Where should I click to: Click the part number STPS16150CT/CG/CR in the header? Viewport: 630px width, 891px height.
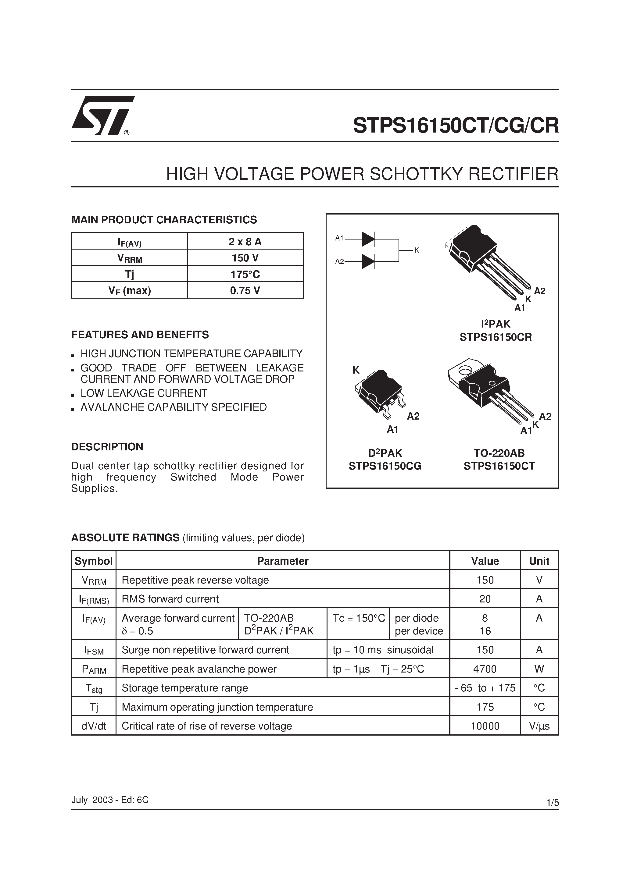[x=456, y=125]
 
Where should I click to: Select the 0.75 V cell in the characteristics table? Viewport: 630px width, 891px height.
[x=245, y=290]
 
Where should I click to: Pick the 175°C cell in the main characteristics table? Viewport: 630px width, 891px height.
[x=245, y=274]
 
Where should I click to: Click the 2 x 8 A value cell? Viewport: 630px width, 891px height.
[x=245, y=242]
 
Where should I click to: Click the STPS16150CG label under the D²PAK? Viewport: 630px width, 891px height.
[x=385, y=466]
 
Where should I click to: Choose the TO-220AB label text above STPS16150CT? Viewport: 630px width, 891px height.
[x=499, y=453]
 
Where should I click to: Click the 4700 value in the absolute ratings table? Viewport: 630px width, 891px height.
[x=485, y=669]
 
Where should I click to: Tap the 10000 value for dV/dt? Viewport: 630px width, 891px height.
[x=485, y=726]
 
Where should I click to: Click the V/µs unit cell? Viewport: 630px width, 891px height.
[x=539, y=726]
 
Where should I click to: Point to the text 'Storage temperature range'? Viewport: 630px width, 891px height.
[x=185, y=688]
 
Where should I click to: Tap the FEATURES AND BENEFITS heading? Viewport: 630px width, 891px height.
[x=140, y=335]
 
